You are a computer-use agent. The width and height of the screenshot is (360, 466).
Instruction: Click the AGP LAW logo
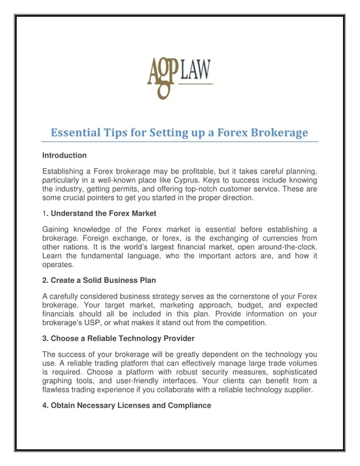tap(179, 77)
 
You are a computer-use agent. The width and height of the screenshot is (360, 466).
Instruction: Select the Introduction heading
tap(65, 156)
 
